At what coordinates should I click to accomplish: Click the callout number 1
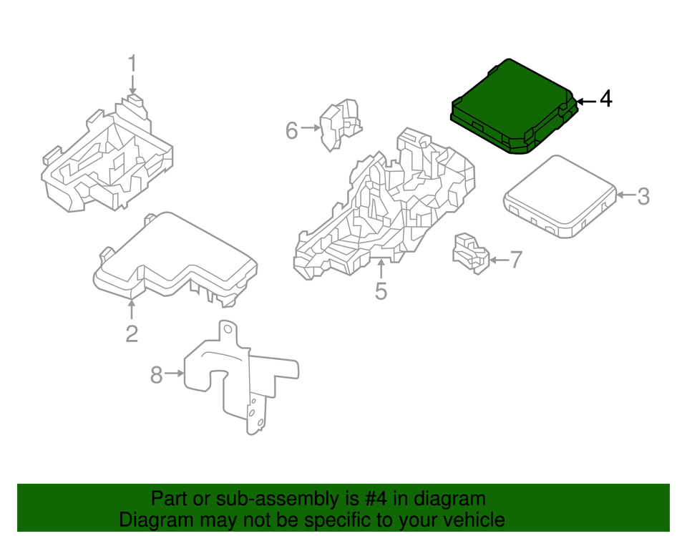pos(132,64)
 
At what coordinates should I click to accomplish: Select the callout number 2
pos(132,333)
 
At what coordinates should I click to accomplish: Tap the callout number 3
pos(643,195)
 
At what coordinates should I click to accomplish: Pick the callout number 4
pos(605,99)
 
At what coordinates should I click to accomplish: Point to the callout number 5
pos(381,291)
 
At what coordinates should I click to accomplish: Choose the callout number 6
pos(291,131)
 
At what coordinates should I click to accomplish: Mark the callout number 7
pos(515,259)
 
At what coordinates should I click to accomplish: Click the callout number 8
pos(157,374)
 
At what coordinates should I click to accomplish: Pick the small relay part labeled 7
pos(470,252)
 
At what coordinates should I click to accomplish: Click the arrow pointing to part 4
pos(585,101)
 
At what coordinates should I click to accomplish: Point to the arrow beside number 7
pos(498,260)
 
